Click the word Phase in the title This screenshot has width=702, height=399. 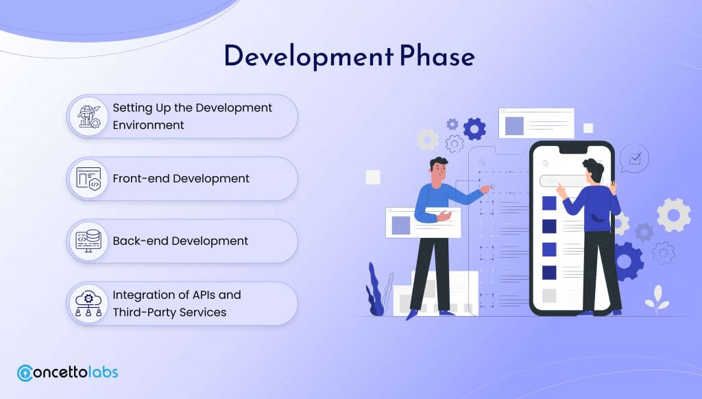pyautogui.click(x=437, y=56)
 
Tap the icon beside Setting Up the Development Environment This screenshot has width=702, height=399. pyautogui.click(x=89, y=117)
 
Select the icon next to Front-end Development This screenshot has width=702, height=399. pyautogui.click(x=88, y=179)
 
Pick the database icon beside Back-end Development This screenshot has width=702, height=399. pyautogui.click(x=88, y=241)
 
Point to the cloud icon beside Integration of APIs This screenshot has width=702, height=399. pyautogui.click(x=88, y=304)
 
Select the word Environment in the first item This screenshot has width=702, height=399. pyautogui.click(x=148, y=125)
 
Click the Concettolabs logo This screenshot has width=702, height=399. pyautogui.click(x=68, y=372)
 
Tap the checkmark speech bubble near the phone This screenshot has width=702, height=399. pyautogui.click(x=634, y=158)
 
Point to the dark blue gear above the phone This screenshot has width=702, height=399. pyautogui.click(x=474, y=129)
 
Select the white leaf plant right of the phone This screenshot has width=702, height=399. pyautogui.click(x=657, y=299)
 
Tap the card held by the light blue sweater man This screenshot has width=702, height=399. pyautogui.click(x=423, y=223)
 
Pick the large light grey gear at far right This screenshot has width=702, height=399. pyautogui.click(x=674, y=215)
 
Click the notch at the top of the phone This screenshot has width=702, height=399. pyautogui.click(x=572, y=149)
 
